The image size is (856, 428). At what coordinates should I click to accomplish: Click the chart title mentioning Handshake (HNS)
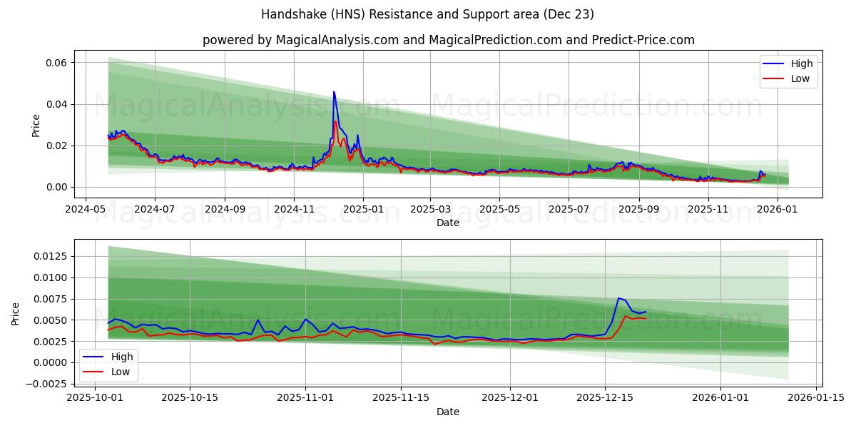coord(427,14)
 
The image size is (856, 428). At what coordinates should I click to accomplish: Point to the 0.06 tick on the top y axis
coord(56,63)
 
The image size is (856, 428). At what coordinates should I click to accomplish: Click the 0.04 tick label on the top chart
coord(56,104)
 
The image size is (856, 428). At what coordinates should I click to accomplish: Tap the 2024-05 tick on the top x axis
coord(86,209)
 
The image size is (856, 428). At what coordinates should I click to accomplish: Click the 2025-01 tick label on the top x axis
coord(362,209)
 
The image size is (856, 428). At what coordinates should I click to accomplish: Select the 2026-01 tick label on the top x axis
coord(776,209)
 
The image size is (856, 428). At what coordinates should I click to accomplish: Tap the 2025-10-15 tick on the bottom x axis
coord(190,398)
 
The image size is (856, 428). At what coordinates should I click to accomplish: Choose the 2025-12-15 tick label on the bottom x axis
coord(605,398)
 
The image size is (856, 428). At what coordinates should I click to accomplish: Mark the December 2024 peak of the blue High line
coord(334,92)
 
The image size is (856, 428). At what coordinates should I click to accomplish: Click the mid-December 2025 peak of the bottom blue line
coord(618,298)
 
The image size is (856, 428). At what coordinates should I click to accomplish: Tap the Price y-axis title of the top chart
coord(36,125)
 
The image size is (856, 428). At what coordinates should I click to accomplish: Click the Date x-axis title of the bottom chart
coord(448,412)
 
